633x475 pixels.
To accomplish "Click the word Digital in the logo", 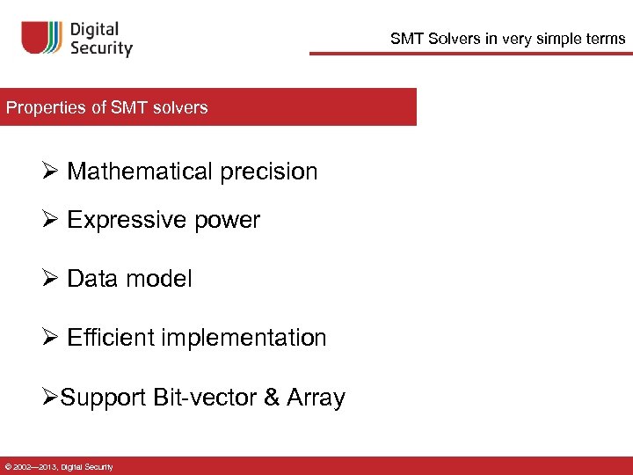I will tap(100, 30).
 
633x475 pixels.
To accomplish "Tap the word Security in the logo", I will tap(102, 48).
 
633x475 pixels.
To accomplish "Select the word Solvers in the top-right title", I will tap(453, 39).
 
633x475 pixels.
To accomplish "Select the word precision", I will tap(269, 172).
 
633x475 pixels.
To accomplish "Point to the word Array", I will tap(316, 398).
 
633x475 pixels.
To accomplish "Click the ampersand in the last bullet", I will tap(271, 398).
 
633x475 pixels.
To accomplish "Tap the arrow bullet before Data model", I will tap(50, 279).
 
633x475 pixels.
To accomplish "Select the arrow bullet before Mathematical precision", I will tap(50, 172).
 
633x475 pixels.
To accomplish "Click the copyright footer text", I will tap(59, 466).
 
